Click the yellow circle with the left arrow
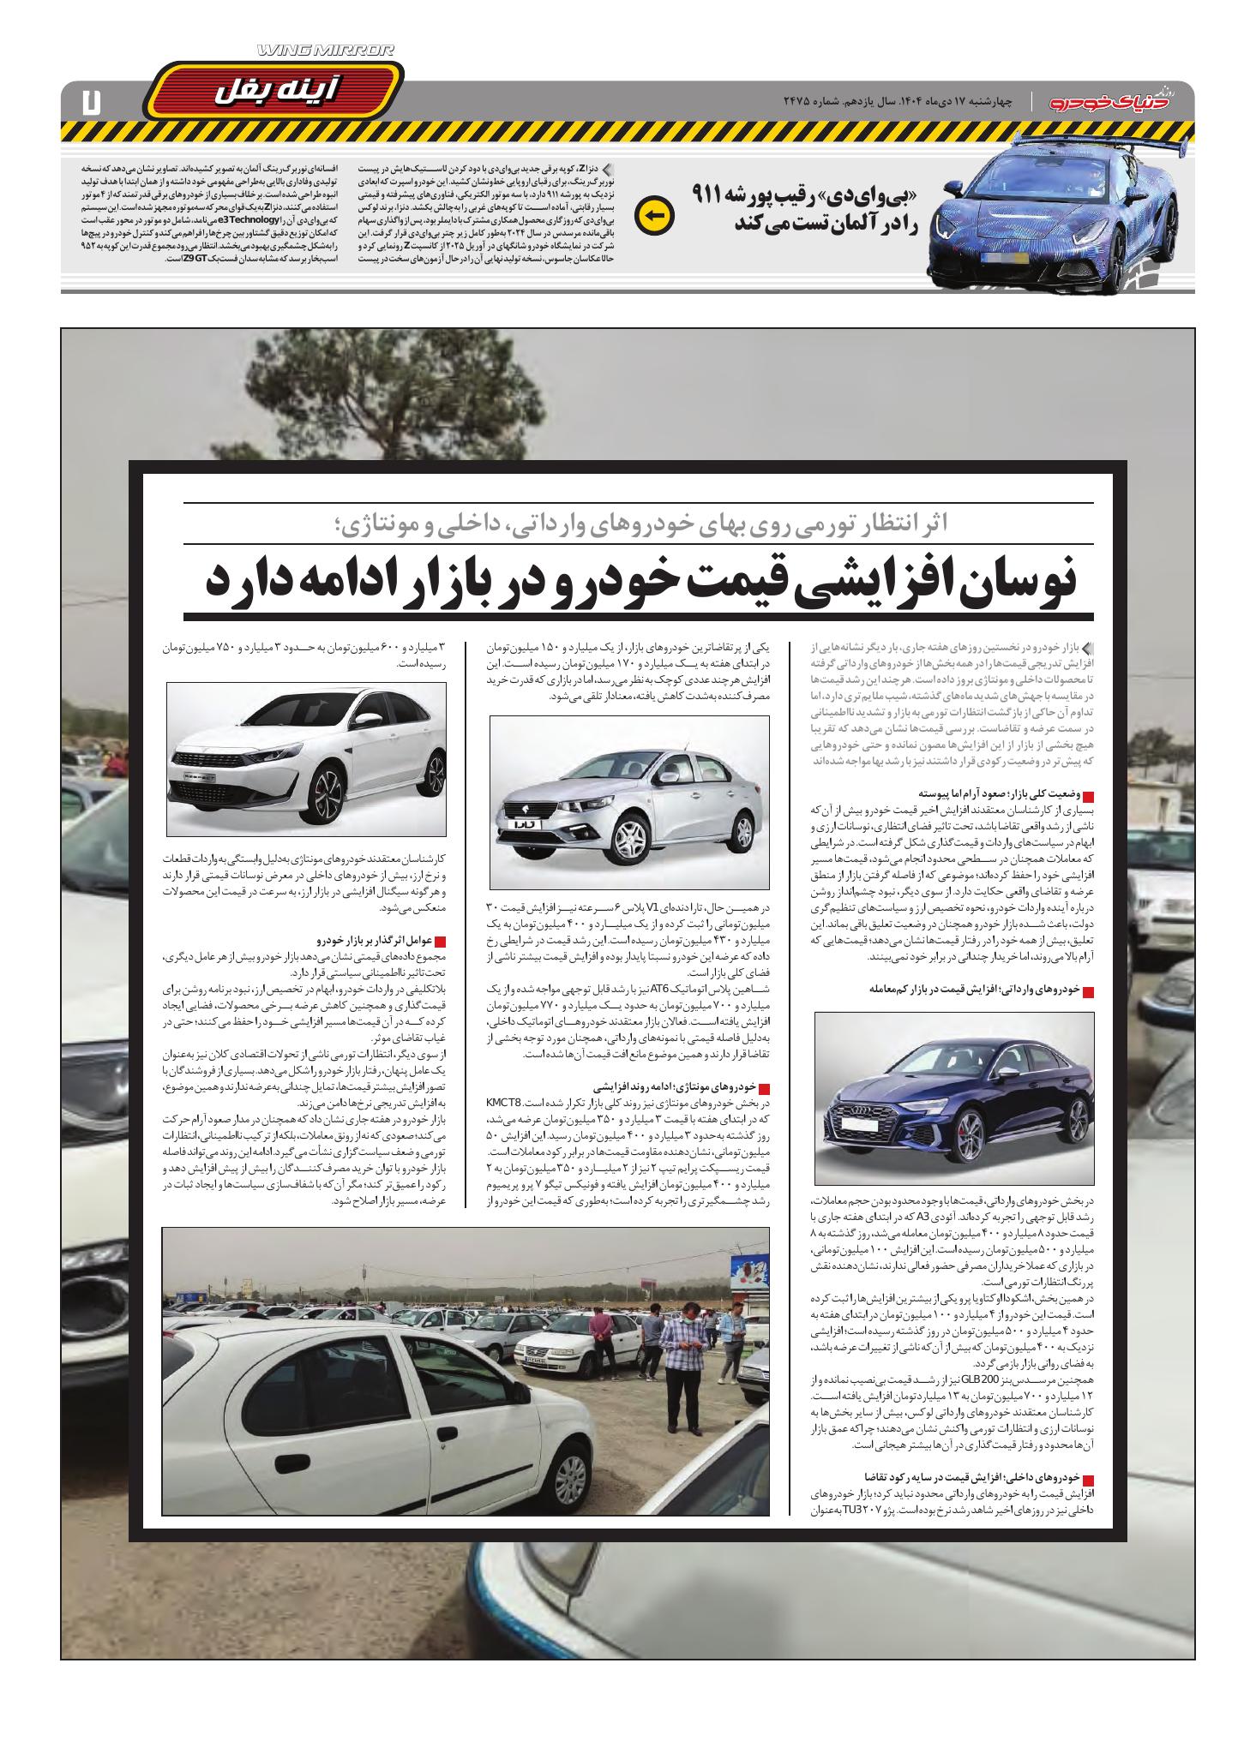654,217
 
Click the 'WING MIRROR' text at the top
327,51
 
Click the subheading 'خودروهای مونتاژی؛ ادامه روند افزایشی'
678,1086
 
